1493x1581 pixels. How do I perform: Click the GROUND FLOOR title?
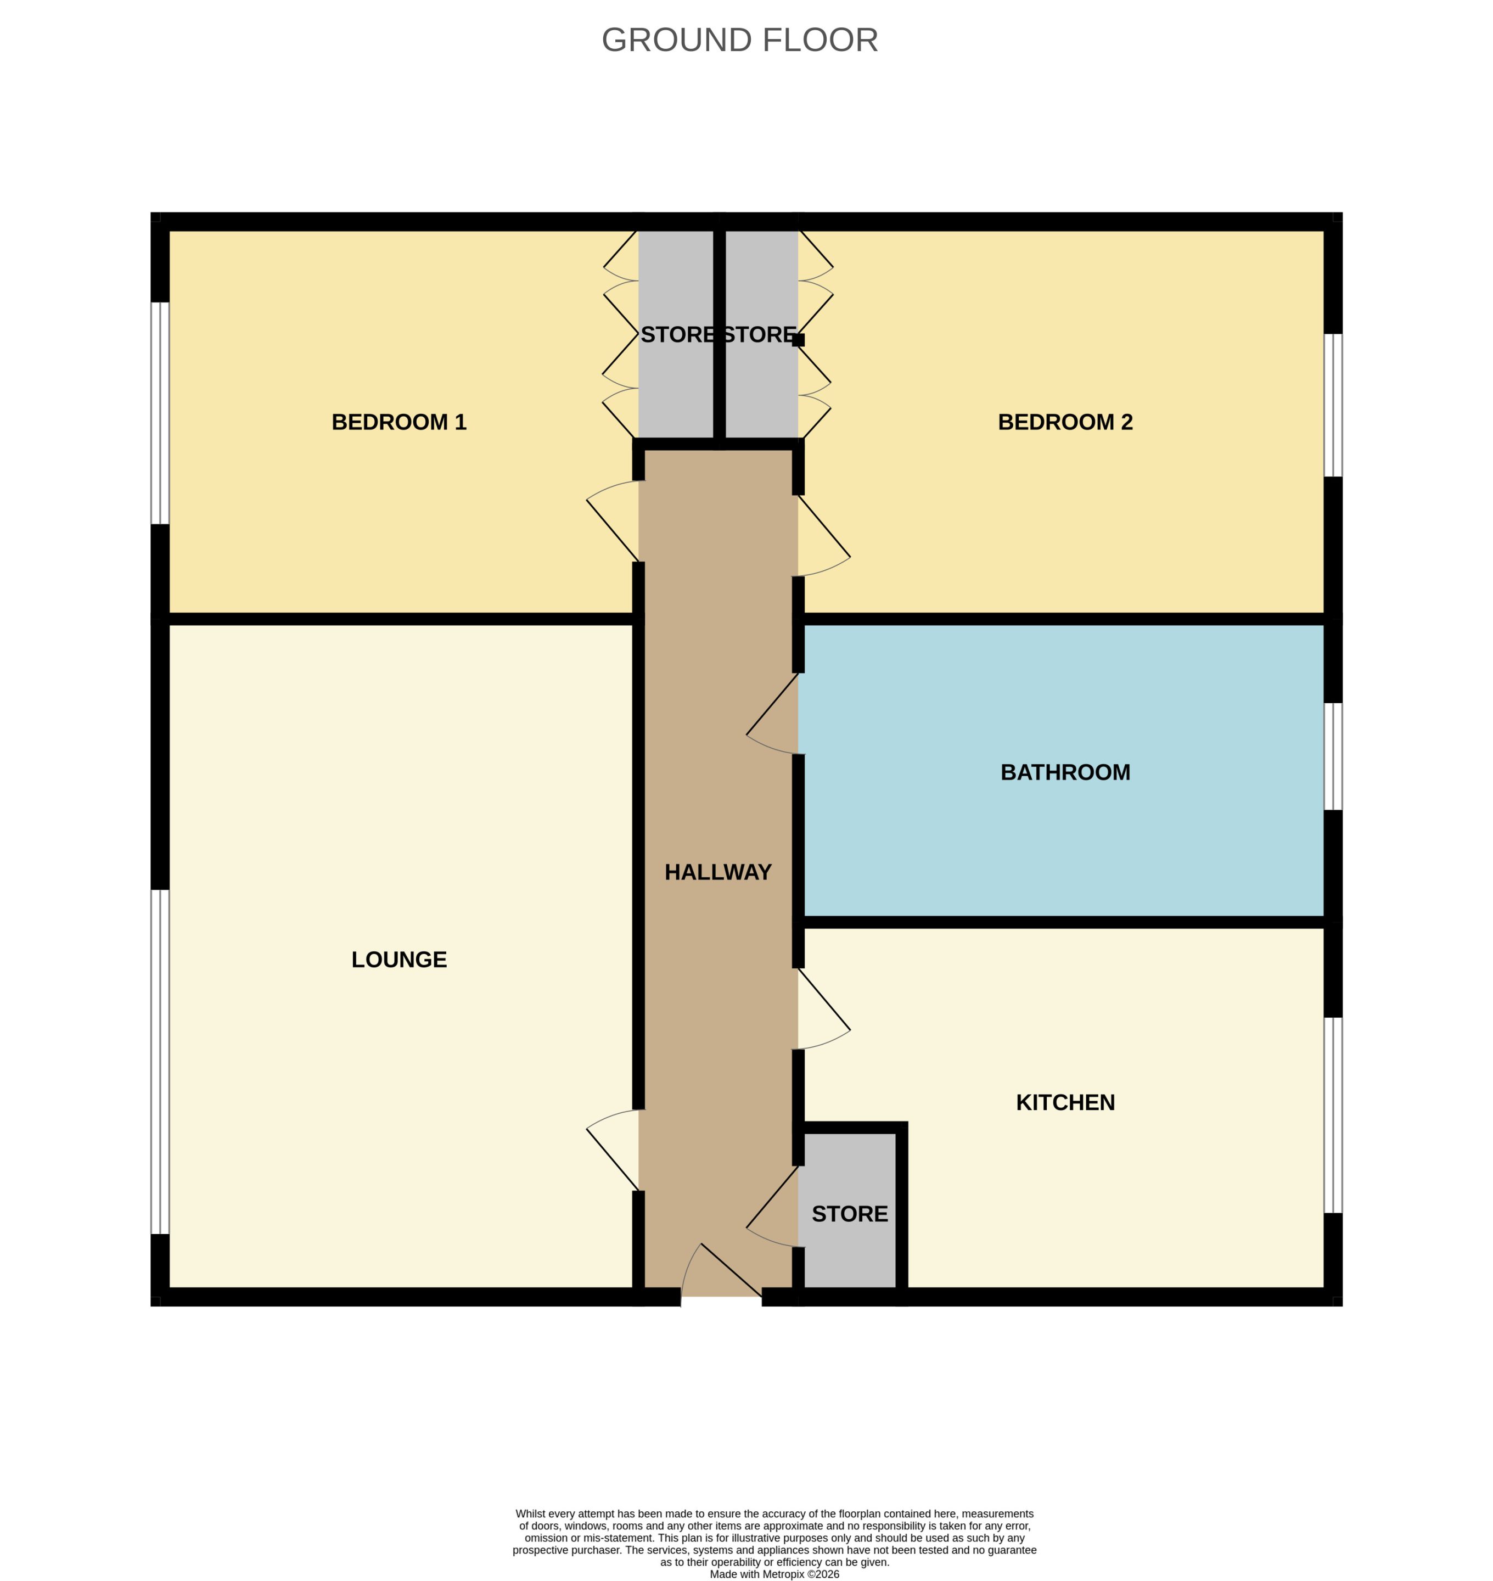(739, 40)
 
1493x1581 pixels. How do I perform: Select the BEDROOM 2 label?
(1065, 422)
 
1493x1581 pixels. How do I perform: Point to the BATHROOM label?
(1065, 772)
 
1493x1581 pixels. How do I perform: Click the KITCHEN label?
(1065, 1102)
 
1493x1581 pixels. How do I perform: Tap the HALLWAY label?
(718, 872)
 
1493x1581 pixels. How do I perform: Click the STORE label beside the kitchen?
(849, 1214)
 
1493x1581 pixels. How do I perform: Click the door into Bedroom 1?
(613, 522)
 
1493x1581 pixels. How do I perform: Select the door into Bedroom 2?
(824, 536)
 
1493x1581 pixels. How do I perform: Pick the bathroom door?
(772, 713)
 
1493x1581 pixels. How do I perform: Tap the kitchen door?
(824, 1008)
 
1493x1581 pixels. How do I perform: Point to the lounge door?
(613, 1150)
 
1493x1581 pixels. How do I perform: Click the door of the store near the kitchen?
(772, 1206)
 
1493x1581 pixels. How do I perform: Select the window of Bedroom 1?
(160, 413)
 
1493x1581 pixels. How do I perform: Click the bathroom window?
(1333, 756)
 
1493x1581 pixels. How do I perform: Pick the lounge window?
(160, 1062)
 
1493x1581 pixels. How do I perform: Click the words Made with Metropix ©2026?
(774, 1574)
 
